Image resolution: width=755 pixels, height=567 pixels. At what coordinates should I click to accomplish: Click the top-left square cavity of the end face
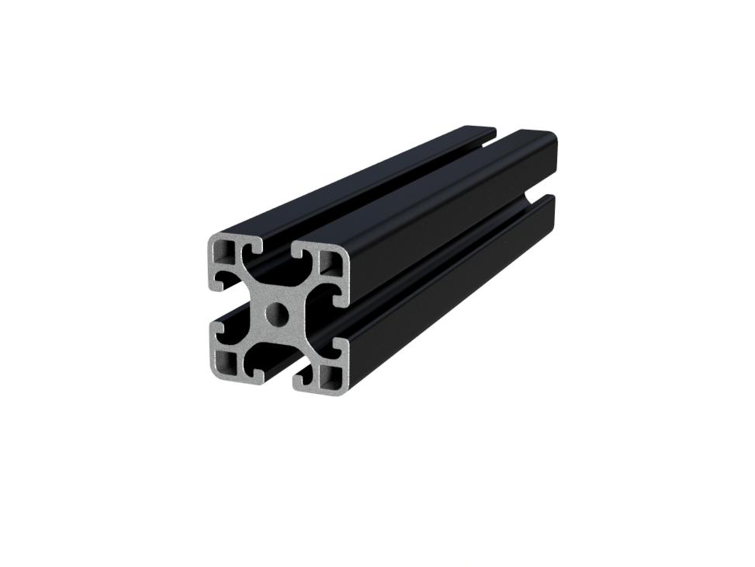(227, 250)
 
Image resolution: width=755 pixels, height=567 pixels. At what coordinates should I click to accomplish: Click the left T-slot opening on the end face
(219, 305)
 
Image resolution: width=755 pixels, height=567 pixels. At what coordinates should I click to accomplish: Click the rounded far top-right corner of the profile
(552, 138)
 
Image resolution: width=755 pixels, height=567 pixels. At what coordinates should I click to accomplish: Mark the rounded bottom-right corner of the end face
(345, 388)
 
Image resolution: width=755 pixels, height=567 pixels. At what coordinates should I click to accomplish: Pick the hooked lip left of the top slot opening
(253, 247)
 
